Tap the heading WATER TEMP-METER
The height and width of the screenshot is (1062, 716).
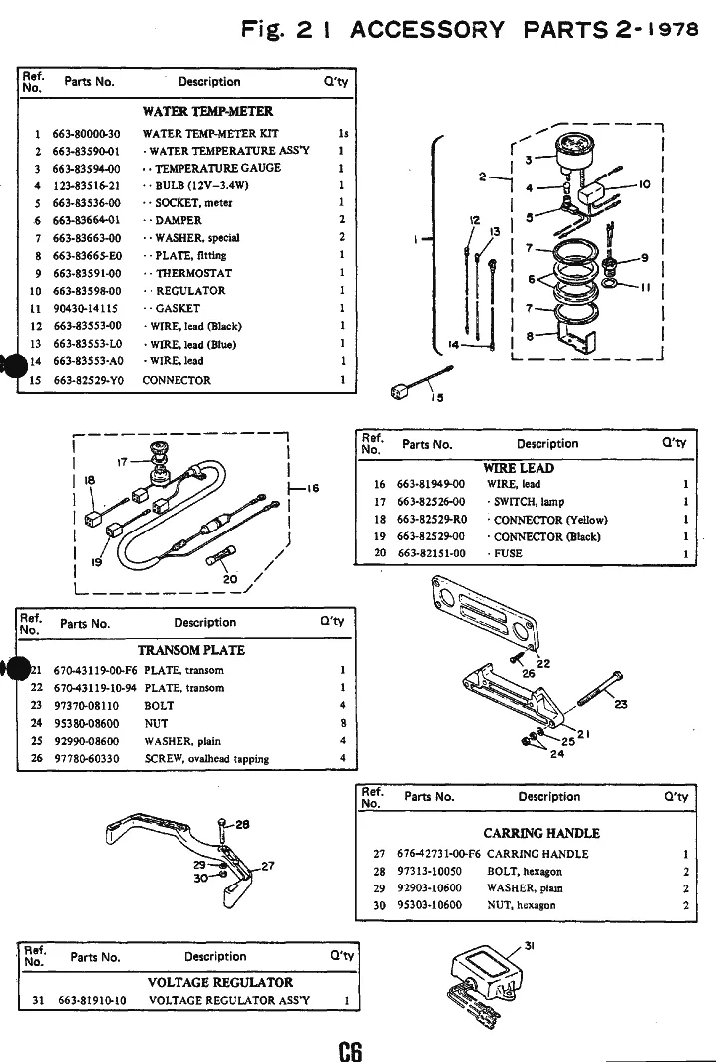(x=207, y=111)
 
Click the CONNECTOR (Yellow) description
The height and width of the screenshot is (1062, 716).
(x=546, y=520)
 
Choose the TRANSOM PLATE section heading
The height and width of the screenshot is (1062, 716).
(x=190, y=650)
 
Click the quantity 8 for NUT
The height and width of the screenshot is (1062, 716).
(x=342, y=723)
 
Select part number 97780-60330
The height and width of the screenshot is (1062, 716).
(x=86, y=759)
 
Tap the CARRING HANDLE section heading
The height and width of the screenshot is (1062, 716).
(x=541, y=833)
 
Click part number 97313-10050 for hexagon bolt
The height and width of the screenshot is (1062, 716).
(x=430, y=871)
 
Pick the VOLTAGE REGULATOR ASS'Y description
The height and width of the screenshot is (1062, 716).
(x=226, y=999)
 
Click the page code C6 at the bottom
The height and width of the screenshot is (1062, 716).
(x=351, y=1050)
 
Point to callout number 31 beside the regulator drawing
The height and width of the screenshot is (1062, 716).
(x=530, y=946)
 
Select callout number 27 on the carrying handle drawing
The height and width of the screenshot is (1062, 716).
(x=267, y=865)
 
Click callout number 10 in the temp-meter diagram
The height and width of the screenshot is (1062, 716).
(x=644, y=184)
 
